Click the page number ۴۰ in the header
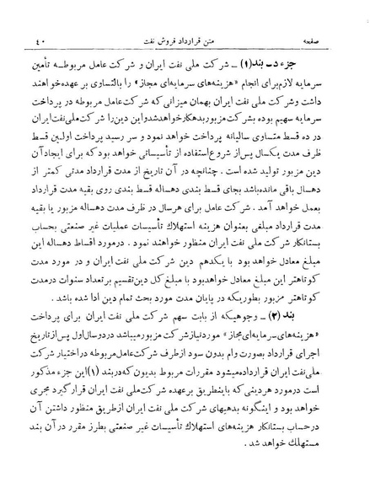point(26,39)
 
